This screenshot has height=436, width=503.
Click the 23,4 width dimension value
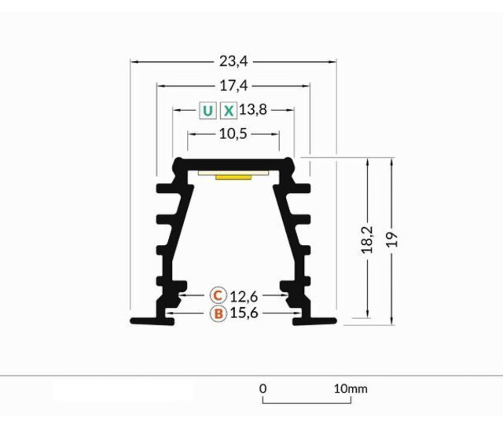point(233,60)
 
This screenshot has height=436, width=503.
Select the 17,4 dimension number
point(233,84)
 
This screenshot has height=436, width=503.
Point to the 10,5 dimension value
point(233,134)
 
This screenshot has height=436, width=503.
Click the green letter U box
point(207,110)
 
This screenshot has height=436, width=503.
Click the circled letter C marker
point(218,295)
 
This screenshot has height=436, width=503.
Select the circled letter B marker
point(218,313)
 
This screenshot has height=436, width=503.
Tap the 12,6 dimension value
point(244,295)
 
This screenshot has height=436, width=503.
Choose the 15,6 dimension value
point(244,313)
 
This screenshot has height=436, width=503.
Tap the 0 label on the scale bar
point(263,388)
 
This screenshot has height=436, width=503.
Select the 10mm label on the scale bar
point(350,388)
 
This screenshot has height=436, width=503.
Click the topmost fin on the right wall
point(299,189)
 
